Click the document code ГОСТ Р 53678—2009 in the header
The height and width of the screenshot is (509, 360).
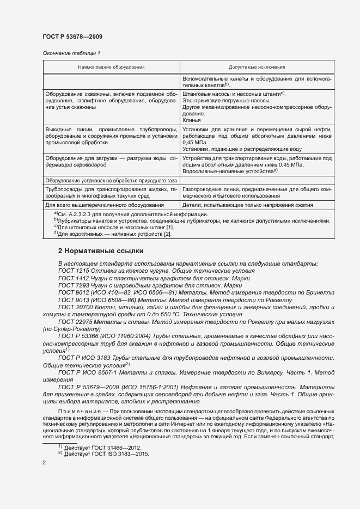pos(72,36)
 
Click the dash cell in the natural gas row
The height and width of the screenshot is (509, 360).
pos(257,180)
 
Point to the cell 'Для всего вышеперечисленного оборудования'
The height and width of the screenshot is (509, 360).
pos(105,205)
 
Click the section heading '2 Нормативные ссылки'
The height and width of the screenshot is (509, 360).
pos(100,251)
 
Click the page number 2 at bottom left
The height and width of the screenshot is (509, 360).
pos(44,462)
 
